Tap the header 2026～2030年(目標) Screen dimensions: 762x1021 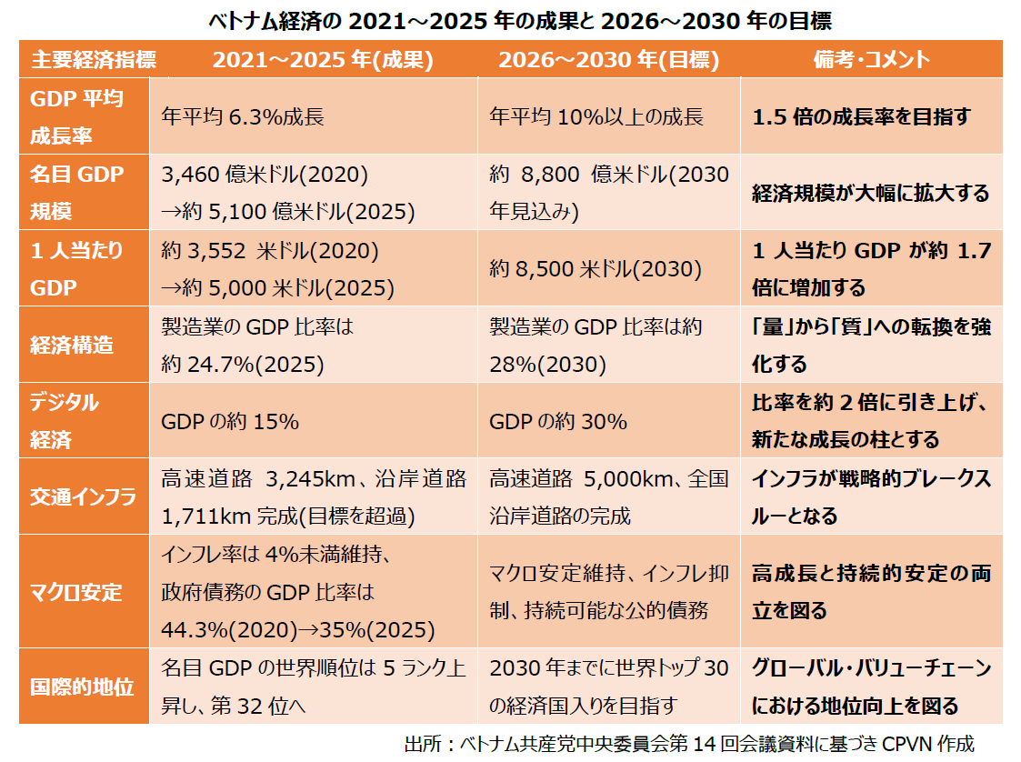[x=608, y=60]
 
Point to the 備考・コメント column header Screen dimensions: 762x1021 [x=871, y=60]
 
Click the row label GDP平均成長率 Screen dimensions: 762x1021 [x=76, y=116]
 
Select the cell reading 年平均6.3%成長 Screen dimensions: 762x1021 [x=243, y=116]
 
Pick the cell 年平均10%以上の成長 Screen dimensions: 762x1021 [x=596, y=116]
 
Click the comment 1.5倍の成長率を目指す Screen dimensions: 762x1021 [x=861, y=116]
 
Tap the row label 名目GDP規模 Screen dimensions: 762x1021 [x=76, y=193]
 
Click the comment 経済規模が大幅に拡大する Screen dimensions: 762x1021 [x=870, y=194]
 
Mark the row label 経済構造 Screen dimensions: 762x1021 [x=72, y=346]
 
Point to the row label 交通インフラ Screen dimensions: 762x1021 [x=83, y=497]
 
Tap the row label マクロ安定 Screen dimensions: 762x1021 [x=76, y=592]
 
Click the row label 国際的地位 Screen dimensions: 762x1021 [x=82, y=687]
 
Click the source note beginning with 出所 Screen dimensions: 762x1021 [x=688, y=743]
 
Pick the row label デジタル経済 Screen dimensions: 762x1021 [x=65, y=421]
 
